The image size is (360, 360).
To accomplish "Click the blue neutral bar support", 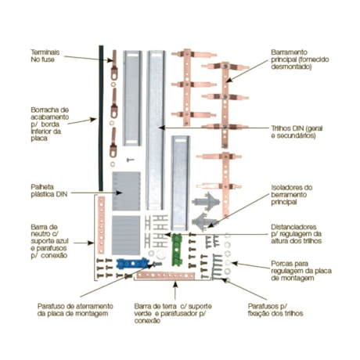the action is point(132,263).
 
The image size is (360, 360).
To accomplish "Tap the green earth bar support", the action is point(177,250).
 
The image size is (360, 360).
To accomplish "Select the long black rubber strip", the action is point(101,118).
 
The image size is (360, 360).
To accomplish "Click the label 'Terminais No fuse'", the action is point(45,56).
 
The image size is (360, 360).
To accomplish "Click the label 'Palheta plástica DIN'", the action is point(49,190).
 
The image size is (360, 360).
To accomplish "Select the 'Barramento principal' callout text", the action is point(300,59).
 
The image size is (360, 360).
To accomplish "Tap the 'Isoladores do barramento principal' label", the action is point(292,195).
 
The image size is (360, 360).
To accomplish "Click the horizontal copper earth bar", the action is point(166,275).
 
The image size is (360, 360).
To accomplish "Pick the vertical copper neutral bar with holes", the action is point(101,225).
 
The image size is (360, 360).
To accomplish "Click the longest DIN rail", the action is point(156,130).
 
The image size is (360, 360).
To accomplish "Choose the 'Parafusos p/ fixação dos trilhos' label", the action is point(275,310).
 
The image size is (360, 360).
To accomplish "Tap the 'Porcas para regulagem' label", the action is point(301,271).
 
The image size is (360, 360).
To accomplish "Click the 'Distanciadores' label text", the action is point(296,234).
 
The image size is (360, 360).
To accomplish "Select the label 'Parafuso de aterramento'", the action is point(75,310).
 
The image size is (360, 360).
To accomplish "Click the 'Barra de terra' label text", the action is point(173,313).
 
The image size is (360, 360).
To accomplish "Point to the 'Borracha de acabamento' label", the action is point(49,124).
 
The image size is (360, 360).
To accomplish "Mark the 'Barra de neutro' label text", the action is point(49,241).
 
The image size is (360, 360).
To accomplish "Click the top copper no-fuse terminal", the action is point(114,65).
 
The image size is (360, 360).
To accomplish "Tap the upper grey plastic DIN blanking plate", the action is point(126,191).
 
